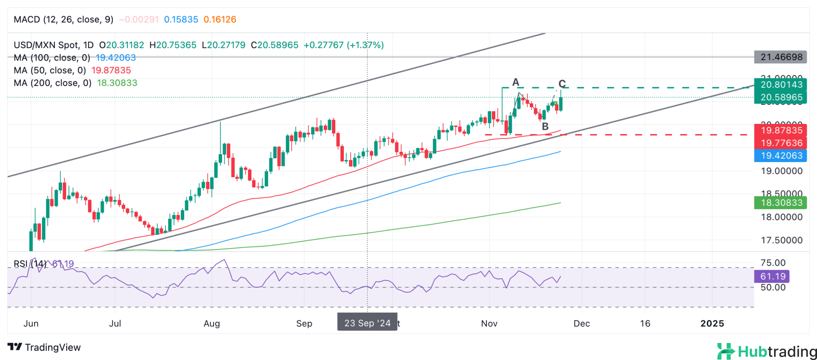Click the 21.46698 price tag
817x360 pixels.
[780, 57]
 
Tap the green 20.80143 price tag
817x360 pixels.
[780, 85]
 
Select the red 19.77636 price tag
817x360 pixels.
[780, 143]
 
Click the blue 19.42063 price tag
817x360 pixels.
[780, 156]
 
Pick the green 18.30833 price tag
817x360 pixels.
[780, 203]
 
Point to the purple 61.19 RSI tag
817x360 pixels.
[772, 277]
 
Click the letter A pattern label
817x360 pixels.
[516, 82]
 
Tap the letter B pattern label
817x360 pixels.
[545, 126]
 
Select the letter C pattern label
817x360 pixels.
[562, 83]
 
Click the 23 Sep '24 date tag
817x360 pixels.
[367, 323]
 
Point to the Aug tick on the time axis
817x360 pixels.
[212, 323]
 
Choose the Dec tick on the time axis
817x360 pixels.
[582, 323]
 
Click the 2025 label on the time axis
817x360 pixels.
[712, 323]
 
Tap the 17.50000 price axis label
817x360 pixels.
[781, 240]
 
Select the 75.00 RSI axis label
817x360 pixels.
[773, 263]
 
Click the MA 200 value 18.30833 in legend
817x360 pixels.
[117, 83]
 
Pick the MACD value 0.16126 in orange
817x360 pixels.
[220, 20]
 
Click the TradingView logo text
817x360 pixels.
[52, 347]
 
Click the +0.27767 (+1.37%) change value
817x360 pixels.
[343, 45]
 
